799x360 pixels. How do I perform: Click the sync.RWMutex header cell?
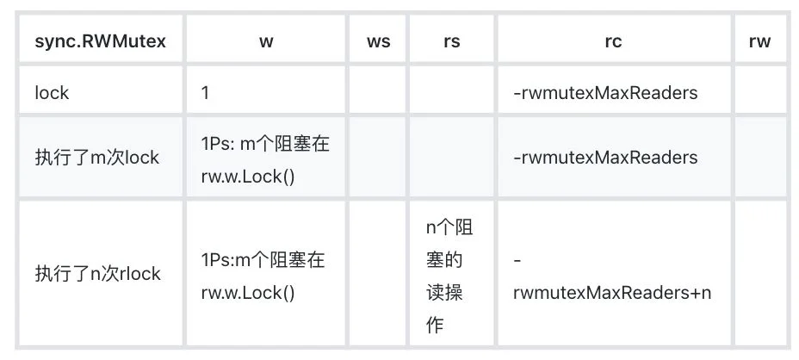[101, 41]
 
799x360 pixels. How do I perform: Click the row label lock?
[52, 93]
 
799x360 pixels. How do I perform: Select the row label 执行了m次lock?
[96, 158]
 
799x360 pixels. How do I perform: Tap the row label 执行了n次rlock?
[98, 274]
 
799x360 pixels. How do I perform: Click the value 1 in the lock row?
[205, 93]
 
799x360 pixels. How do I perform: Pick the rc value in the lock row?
[605, 93]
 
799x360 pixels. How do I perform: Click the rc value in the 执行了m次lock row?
[605, 158]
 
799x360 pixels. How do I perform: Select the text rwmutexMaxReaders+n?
[612, 293]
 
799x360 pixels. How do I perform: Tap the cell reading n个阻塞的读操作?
[451, 276]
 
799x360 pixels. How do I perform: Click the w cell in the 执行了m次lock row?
[265, 161]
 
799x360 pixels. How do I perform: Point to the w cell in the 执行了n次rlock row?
[263, 276]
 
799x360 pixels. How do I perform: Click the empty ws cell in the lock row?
[378, 90]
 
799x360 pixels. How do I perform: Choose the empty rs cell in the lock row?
[451, 90]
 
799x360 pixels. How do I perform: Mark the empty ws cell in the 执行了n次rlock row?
[378, 273]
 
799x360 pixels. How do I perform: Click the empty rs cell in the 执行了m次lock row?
[451, 157]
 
